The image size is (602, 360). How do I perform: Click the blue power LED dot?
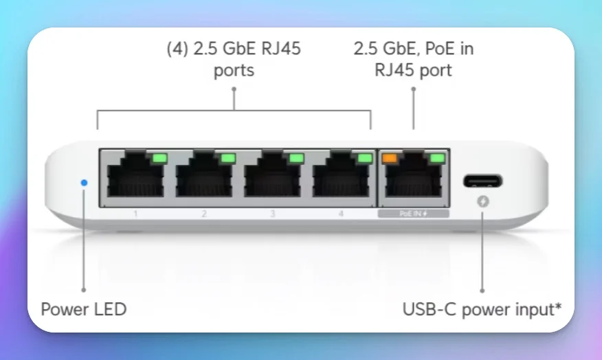click(84, 183)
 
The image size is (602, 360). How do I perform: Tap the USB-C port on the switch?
click(482, 182)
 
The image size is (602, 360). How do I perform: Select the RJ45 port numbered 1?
click(135, 179)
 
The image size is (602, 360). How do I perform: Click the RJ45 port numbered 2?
click(203, 179)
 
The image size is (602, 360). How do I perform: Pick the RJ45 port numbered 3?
click(272, 179)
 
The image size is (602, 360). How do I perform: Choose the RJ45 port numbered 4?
click(340, 179)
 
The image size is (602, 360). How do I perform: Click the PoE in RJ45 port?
click(414, 179)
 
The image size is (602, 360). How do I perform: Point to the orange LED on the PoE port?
click(390, 158)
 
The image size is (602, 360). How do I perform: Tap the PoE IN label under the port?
click(413, 214)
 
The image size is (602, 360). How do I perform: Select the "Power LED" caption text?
click(84, 309)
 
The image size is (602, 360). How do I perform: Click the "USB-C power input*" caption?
click(482, 309)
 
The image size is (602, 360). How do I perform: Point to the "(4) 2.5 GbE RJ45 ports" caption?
click(234, 59)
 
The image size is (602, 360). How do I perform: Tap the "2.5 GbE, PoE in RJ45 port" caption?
click(413, 59)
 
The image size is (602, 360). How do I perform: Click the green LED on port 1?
click(159, 158)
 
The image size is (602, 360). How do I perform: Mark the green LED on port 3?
click(296, 158)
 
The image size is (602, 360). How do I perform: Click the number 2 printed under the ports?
click(204, 214)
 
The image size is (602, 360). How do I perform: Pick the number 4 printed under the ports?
click(341, 214)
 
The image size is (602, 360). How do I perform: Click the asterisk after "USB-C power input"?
click(557, 306)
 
